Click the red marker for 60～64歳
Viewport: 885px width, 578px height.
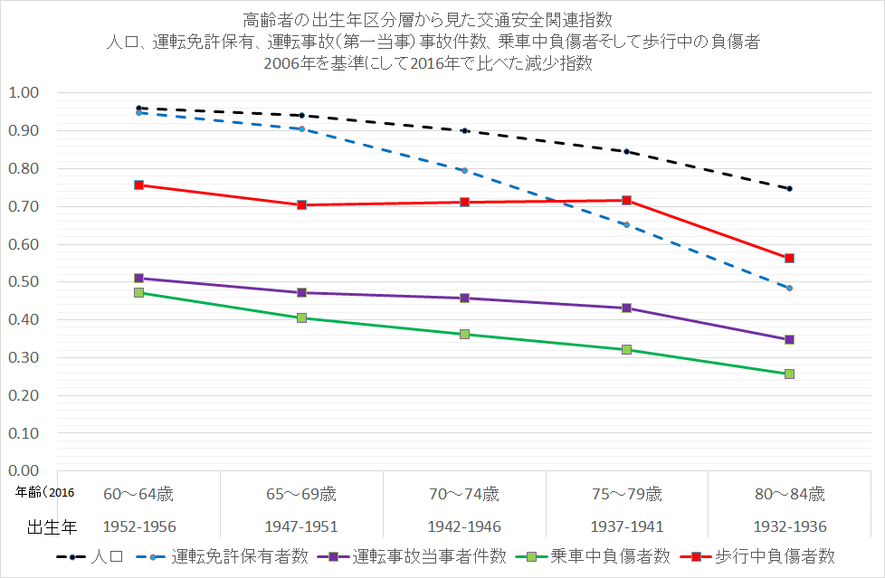pyautogui.click(x=138, y=185)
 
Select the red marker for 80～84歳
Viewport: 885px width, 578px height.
pyautogui.click(x=789, y=258)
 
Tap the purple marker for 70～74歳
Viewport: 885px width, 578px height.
pyautogui.click(x=464, y=298)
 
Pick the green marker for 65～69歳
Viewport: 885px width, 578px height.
pyautogui.click(x=301, y=317)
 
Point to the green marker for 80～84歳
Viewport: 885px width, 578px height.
pyautogui.click(x=789, y=374)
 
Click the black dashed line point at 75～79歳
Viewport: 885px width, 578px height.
pyautogui.click(x=626, y=151)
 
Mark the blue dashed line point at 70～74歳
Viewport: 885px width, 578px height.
pyautogui.click(x=464, y=170)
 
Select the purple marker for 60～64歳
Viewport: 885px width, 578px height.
pyautogui.click(x=138, y=278)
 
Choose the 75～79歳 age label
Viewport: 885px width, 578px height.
pyautogui.click(x=626, y=494)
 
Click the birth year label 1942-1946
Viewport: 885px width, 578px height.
pyautogui.click(x=464, y=526)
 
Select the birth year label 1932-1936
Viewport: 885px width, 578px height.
pyautogui.click(x=789, y=526)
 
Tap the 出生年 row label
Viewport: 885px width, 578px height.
pyautogui.click(x=49, y=526)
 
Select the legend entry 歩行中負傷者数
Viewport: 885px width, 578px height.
pyautogui.click(x=775, y=555)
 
